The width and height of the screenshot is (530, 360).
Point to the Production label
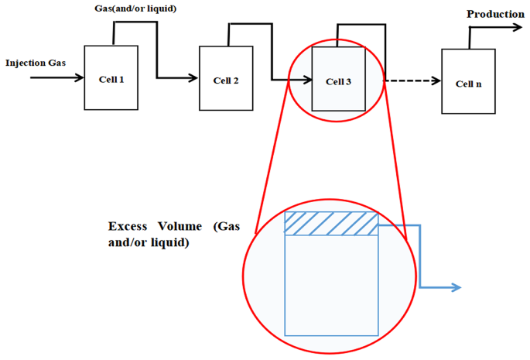495,14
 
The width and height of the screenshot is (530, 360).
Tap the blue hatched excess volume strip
331,223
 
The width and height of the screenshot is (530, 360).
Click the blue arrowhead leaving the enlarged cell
456,288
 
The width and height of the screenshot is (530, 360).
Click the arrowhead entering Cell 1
80,77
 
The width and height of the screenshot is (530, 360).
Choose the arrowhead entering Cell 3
307,79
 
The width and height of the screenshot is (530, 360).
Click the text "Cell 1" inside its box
111,79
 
